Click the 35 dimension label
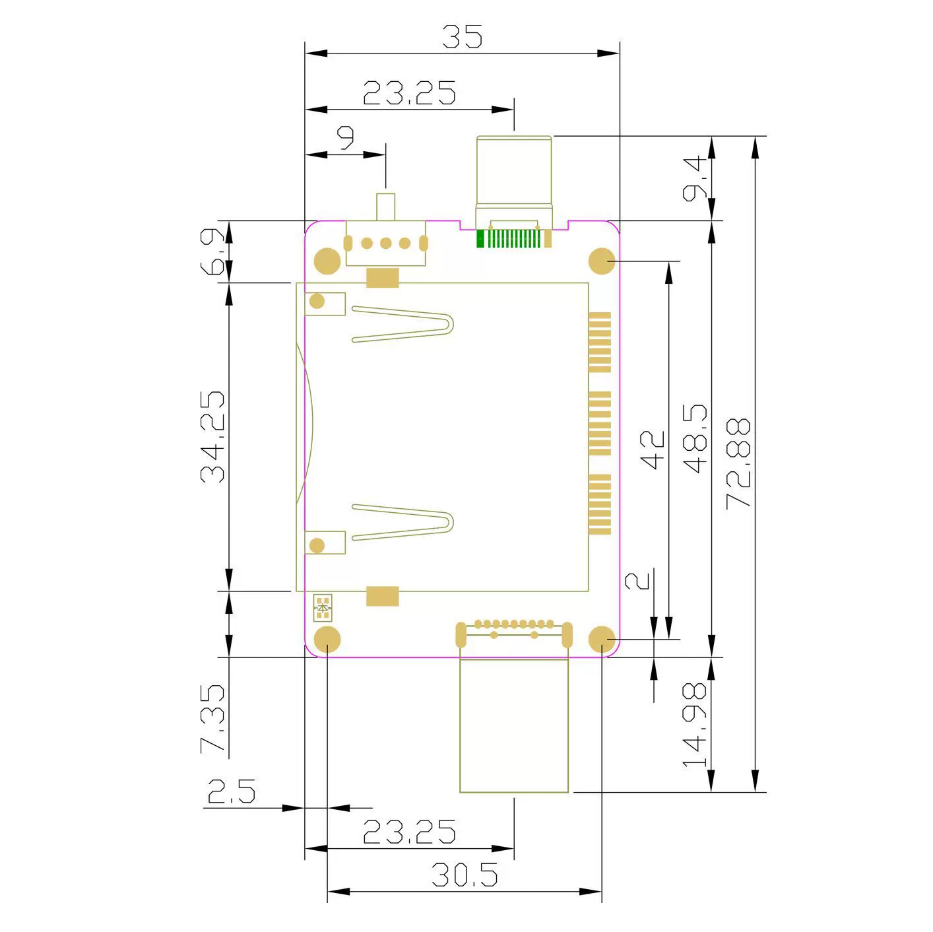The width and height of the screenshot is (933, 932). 463,37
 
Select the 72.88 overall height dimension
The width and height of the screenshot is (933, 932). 738,463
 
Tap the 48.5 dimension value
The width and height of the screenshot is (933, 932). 695,438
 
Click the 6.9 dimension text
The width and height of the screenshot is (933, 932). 212,251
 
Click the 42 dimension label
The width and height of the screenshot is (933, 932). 652,450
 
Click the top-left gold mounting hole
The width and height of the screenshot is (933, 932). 327,261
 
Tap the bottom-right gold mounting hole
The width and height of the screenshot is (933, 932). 602,639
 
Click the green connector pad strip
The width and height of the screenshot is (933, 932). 508,238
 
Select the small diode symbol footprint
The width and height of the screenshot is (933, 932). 323,607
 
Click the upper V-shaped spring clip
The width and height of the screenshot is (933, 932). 403,324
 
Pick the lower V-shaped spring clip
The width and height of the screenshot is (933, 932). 403,522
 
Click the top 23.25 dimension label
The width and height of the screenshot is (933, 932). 410,92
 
